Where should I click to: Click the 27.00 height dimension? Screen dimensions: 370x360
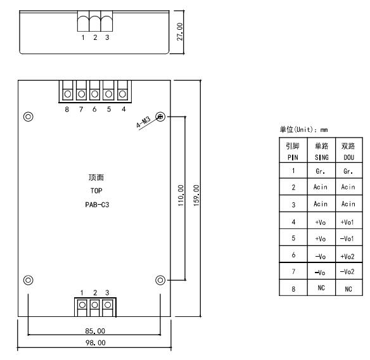[x=180, y=32]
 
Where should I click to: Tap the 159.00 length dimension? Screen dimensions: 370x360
[x=196, y=195]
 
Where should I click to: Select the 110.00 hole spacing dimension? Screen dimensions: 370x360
[x=181, y=195]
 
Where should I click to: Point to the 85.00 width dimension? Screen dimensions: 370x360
[x=95, y=331]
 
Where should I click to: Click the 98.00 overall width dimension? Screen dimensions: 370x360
[x=95, y=342]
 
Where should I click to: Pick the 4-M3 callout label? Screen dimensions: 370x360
[x=143, y=122]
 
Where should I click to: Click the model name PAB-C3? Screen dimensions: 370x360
[x=97, y=205]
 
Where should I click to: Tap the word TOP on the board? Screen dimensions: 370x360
[x=96, y=191]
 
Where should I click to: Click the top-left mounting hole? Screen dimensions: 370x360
[x=29, y=117]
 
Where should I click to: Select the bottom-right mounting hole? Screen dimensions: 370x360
[x=160, y=280]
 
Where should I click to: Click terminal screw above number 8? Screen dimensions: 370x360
[x=68, y=94]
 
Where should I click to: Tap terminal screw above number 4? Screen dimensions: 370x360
[x=122, y=94]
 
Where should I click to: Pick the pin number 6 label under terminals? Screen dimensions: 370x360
[x=94, y=109]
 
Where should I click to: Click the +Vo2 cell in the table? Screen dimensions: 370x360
[x=347, y=256]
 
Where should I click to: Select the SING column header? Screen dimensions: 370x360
[x=322, y=157]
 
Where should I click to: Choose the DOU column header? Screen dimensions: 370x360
[x=348, y=157]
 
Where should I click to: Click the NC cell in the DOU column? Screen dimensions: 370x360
[x=348, y=289]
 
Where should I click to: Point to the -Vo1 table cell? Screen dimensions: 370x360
[x=347, y=239]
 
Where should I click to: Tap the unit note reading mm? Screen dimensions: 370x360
[x=324, y=130]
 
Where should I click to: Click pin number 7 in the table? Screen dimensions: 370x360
[x=293, y=271]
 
